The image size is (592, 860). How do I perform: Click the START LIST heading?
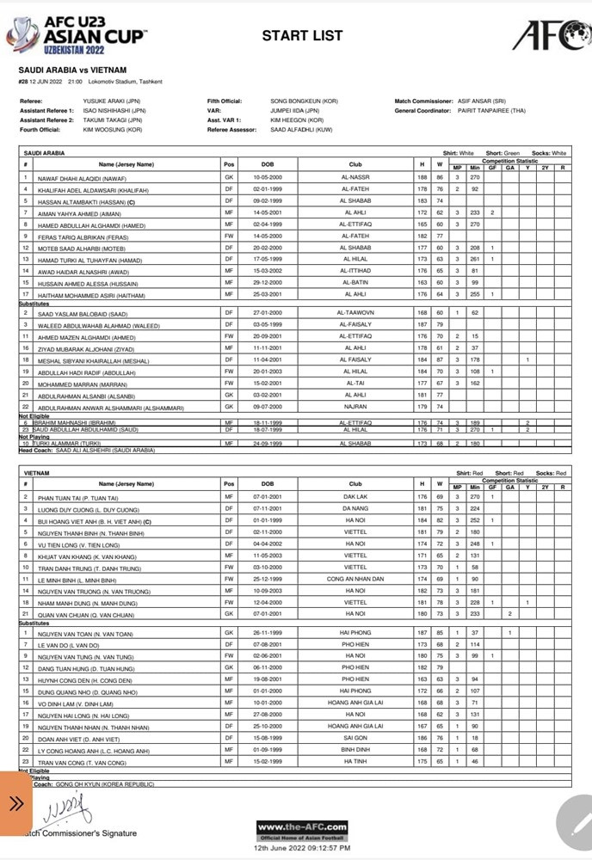(302, 36)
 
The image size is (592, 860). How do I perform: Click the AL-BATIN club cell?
(355, 282)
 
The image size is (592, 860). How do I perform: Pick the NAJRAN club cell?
(355, 406)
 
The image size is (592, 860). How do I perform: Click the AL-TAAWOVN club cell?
(355, 313)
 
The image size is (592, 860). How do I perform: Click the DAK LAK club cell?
(355, 498)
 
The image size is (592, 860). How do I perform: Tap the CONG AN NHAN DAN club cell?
(355, 580)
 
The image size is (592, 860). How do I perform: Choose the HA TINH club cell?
(355, 762)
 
